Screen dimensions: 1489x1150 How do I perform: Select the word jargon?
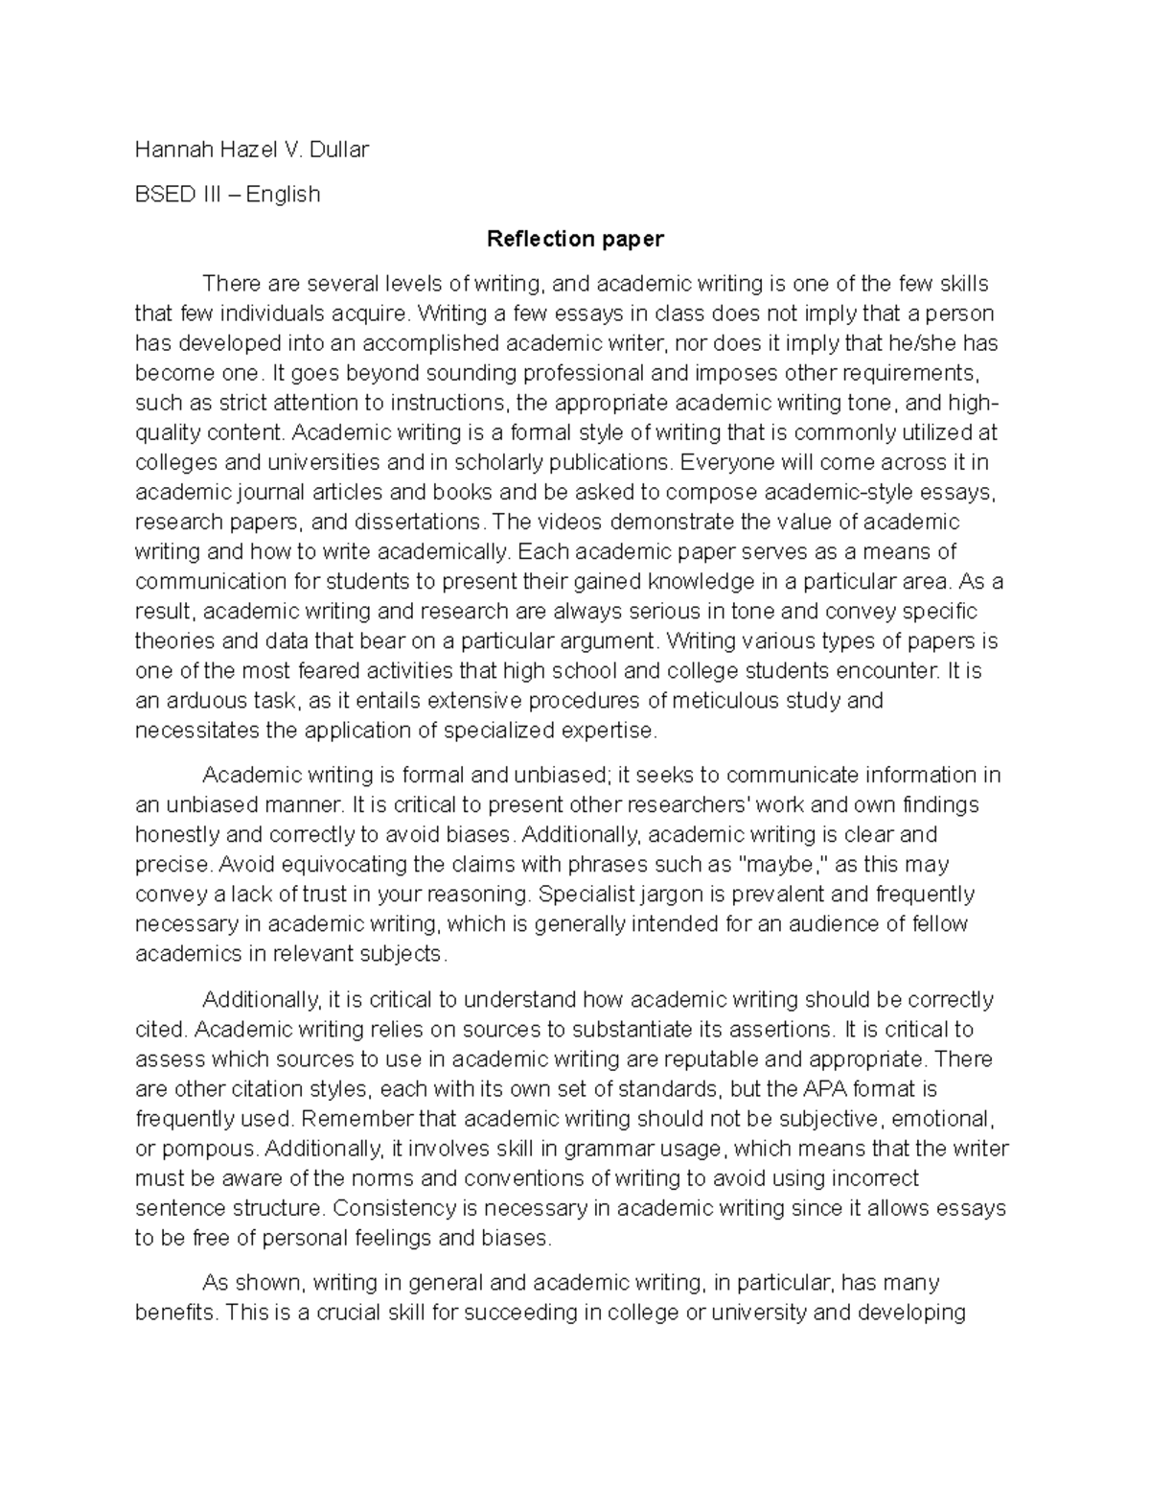(x=660, y=895)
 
